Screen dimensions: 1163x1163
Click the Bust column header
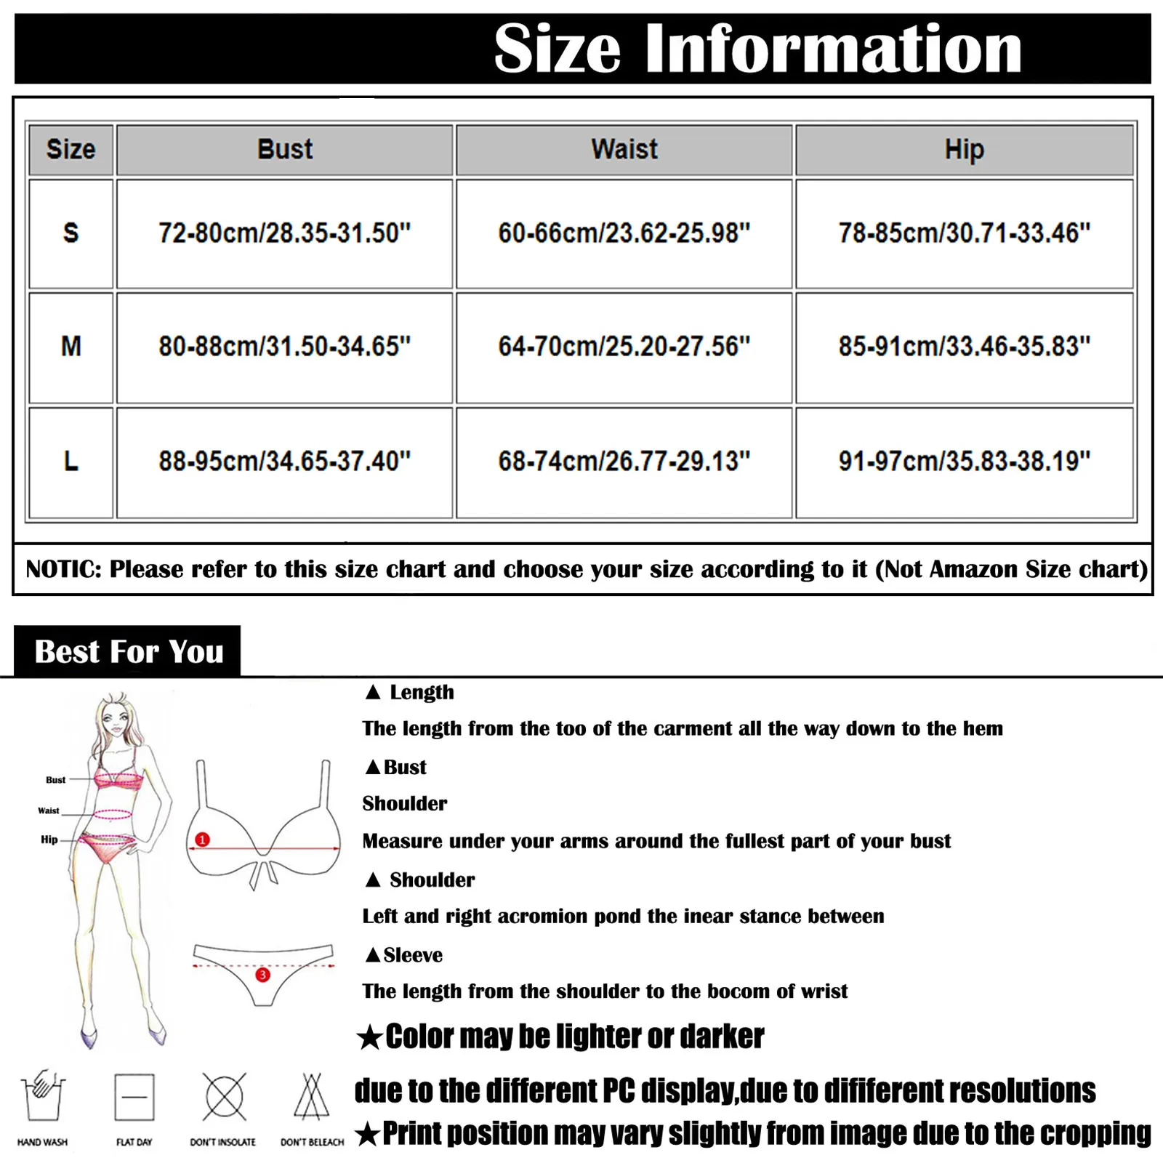click(285, 150)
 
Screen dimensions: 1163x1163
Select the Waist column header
click(624, 150)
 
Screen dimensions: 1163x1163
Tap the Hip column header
click(964, 150)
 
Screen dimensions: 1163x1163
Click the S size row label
click(71, 233)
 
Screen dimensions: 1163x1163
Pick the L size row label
click(71, 462)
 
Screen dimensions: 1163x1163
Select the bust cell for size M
click(285, 347)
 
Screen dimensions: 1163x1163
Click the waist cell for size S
click(624, 233)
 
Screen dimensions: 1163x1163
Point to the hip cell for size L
click(964, 462)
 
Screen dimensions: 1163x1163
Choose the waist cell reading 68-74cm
click(624, 462)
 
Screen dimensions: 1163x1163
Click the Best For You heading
click(129, 652)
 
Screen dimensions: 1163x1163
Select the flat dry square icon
click(134, 1097)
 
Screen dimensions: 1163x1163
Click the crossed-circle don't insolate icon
click(224, 1097)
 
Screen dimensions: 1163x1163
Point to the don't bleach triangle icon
click(312, 1097)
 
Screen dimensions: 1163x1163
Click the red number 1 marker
click(202, 840)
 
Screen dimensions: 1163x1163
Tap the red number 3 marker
click(263, 975)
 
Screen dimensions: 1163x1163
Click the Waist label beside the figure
click(49, 810)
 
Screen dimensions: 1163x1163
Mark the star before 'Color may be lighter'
click(369, 1037)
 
